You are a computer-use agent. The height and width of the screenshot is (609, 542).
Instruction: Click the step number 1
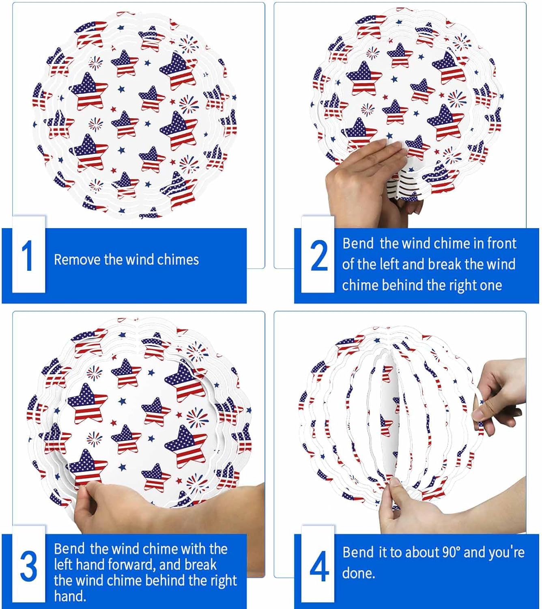(28, 256)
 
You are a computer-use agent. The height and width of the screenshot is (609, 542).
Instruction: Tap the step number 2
(319, 256)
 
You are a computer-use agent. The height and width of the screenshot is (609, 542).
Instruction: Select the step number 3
(28, 566)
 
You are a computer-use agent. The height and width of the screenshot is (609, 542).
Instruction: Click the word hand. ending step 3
(70, 596)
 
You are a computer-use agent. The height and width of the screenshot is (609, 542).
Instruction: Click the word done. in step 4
(359, 573)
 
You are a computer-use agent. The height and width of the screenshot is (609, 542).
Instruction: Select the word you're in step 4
(507, 552)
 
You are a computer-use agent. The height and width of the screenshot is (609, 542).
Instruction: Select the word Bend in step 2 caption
(357, 243)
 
